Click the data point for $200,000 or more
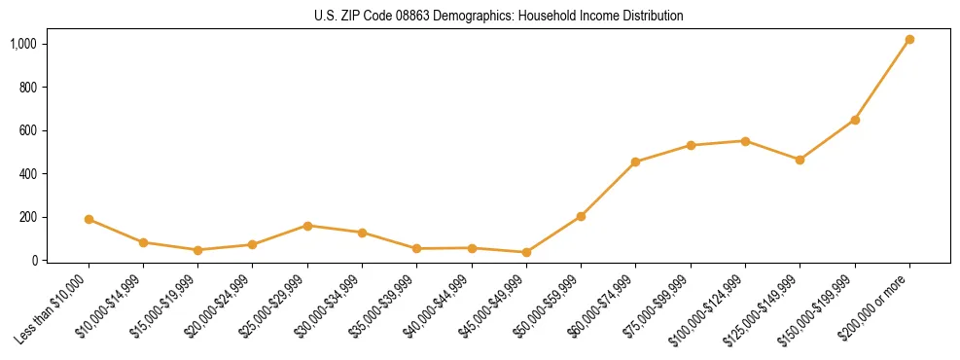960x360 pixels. coord(909,40)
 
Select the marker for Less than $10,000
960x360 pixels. coord(89,220)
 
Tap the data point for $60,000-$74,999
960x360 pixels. coord(635,162)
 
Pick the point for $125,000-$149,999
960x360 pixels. coord(800,160)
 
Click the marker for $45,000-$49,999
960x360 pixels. coord(526,252)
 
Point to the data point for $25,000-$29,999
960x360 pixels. coord(307,226)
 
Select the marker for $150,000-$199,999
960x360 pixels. coord(855,120)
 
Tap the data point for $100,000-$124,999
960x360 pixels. coord(745,141)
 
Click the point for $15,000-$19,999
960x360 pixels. coord(197,250)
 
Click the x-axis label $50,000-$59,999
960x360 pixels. coord(551,303)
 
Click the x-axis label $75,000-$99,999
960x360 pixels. coord(661,303)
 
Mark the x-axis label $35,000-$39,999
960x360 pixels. coord(387,303)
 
